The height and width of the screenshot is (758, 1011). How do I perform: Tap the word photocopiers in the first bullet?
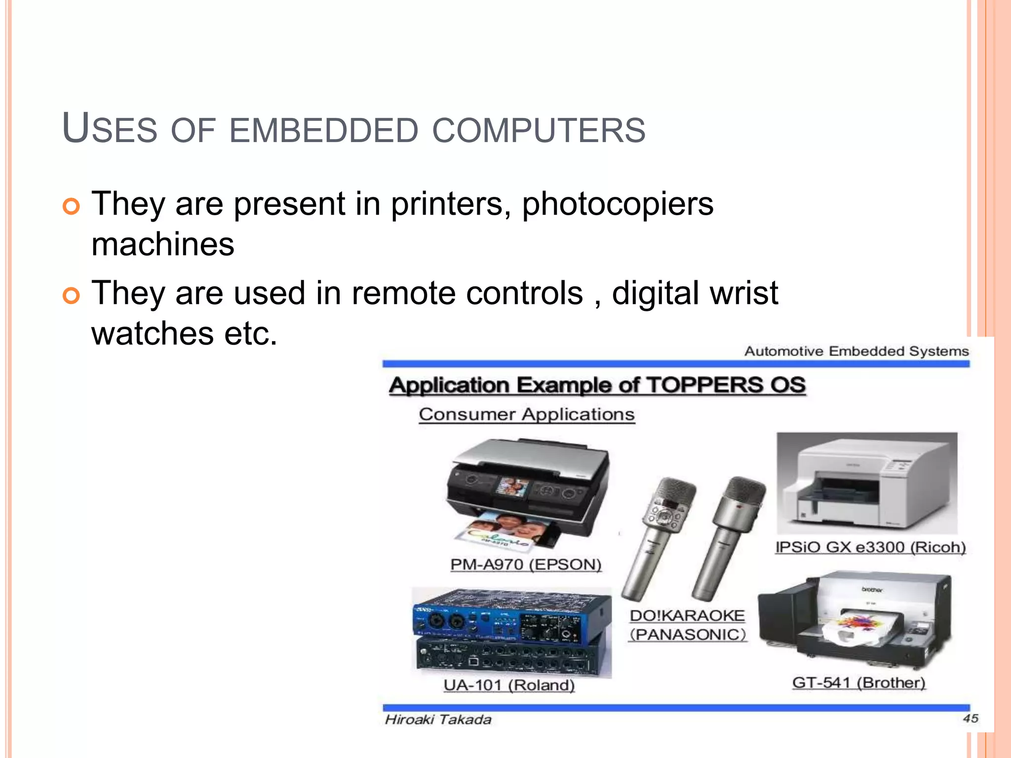pyautogui.click(x=618, y=203)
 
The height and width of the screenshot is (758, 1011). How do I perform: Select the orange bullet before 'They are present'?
pyautogui.click(x=71, y=206)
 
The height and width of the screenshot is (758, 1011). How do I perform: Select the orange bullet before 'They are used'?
pyautogui.click(x=71, y=296)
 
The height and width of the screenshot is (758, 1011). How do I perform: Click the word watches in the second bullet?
pyautogui.click(x=153, y=333)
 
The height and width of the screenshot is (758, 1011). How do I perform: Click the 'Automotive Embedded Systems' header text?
pyautogui.click(x=856, y=351)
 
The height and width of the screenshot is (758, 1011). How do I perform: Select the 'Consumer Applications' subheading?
pyautogui.click(x=527, y=414)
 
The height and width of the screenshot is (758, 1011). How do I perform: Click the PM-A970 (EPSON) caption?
pyautogui.click(x=526, y=564)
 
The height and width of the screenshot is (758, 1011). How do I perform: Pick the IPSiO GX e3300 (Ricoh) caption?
pyautogui.click(x=870, y=547)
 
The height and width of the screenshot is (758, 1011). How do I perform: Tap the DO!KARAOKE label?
pyautogui.click(x=687, y=615)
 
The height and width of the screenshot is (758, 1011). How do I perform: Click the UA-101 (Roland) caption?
pyautogui.click(x=509, y=685)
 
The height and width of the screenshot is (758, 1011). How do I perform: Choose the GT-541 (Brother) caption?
pyautogui.click(x=858, y=682)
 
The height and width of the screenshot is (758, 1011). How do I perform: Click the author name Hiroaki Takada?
pyautogui.click(x=438, y=720)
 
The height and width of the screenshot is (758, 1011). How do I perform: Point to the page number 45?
pyautogui.click(x=970, y=719)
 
